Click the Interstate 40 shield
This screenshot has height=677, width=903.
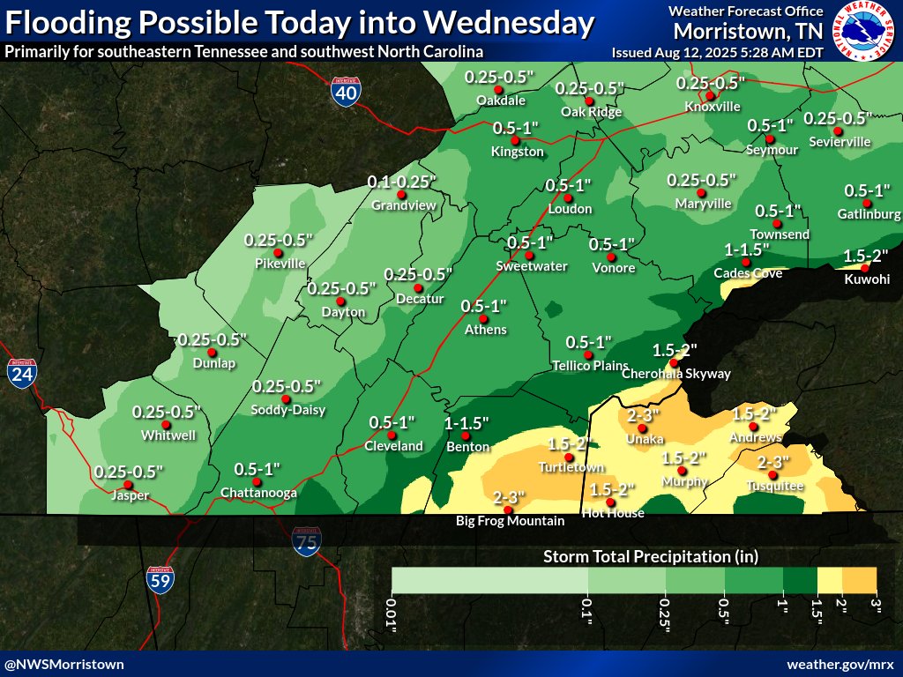click(x=345, y=90)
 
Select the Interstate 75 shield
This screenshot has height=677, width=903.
click(x=307, y=540)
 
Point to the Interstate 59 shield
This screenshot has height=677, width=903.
click(x=160, y=578)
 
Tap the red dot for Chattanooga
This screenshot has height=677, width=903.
click(x=257, y=480)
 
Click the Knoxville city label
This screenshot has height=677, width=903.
click(x=712, y=107)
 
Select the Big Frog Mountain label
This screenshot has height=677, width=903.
click(x=510, y=521)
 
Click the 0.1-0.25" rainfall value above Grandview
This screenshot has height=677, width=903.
click(x=403, y=182)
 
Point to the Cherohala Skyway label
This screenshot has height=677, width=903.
click(x=676, y=374)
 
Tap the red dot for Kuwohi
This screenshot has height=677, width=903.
click(x=865, y=267)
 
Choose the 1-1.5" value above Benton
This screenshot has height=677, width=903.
click(x=467, y=423)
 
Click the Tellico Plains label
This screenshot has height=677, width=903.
click(x=590, y=366)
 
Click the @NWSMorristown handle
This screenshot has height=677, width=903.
click(x=64, y=664)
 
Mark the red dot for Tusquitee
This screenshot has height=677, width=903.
click(x=772, y=476)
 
